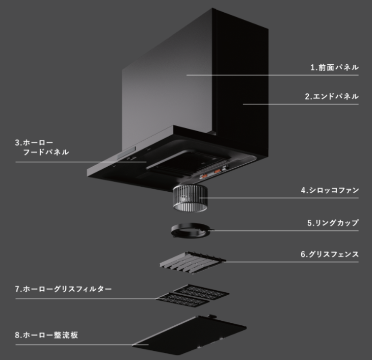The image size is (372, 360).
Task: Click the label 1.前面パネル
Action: coord(334,67)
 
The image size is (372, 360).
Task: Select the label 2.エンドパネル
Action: coord(332,96)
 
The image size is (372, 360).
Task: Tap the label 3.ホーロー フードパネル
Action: coord(42,147)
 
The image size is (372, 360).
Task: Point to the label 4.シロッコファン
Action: coord(330,190)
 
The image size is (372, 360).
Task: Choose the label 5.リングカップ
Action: coord(333,223)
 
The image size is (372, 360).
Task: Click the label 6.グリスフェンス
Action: coord(330,254)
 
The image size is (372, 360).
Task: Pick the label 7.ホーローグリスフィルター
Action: coord(63,289)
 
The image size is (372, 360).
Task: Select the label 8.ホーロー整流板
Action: coord(46,335)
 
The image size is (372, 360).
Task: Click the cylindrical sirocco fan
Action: coord(190,198)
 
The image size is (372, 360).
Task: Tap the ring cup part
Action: coord(191,230)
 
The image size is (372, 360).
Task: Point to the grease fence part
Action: coord(193,263)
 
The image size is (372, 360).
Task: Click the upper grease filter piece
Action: coord(201,291)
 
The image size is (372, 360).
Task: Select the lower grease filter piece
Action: coord(183,300)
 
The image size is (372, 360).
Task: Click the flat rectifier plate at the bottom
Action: coord(190,335)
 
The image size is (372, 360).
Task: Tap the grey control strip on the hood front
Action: coord(126,152)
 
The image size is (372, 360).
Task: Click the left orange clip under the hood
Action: coord(204,176)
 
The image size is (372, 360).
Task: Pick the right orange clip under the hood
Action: coord(217,171)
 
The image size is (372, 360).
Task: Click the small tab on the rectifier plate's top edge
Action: coord(212,316)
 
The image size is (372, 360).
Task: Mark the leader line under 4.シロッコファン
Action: coord(279,198)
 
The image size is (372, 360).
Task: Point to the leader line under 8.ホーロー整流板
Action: coord(82,345)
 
